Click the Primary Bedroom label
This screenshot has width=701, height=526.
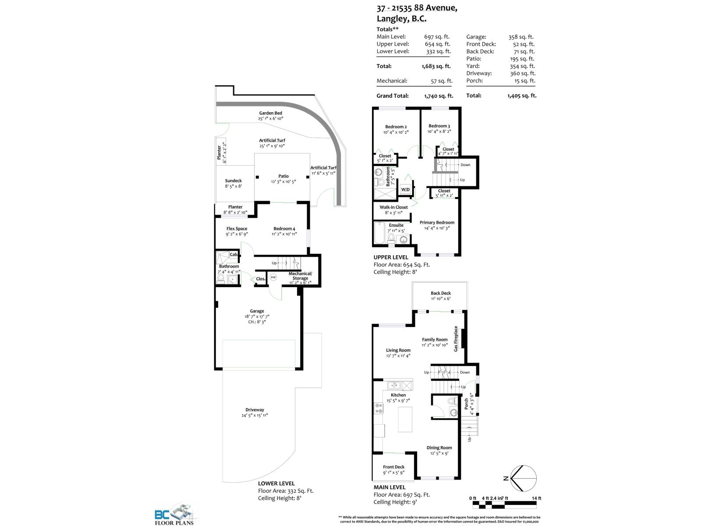click(x=437, y=223)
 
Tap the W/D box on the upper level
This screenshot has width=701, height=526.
click(x=405, y=190)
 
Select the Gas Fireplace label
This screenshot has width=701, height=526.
click(x=456, y=338)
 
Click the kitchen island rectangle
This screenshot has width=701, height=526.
click(x=405, y=419)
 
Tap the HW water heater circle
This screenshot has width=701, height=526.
click(x=273, y=277)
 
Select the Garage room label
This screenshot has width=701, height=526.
click(x=257, y=311)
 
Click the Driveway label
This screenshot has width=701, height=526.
click(x=255, y=410)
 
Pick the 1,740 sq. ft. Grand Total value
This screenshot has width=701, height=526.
click(x=439, y=96)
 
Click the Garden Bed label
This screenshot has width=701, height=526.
click(x=270, y=113)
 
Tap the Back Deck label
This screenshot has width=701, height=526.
click(x=440, y=293)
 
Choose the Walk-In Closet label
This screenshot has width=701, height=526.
click(x=393, y=207)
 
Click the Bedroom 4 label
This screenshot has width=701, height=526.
click(x=284, y=228)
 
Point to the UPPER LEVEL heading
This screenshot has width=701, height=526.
click(x=390, y=257)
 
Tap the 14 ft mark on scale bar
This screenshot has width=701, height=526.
click(x=536, y=498)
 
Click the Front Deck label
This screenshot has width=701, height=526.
click(x=393, y=467)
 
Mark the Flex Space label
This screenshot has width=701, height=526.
click(x=237, y=228)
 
